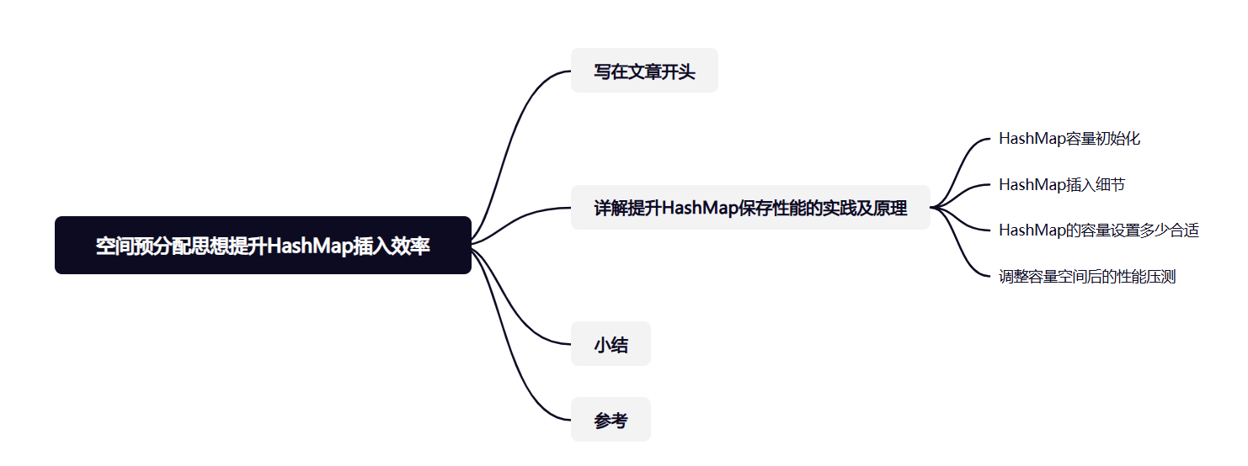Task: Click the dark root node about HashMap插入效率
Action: [x=263, y=246]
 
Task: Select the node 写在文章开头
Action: [x=644, y=71]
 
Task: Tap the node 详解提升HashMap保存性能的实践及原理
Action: [x=750, y=208]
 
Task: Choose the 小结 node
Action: [x=611, y=344]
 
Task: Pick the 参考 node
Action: [x=611, y=420]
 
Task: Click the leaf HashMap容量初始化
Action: [x=1069, y=139]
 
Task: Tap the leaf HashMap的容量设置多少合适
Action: [x=1098, y=230]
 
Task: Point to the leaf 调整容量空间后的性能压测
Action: [x=1086, y=277]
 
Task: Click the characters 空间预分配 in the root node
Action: [x=137, y=246]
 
